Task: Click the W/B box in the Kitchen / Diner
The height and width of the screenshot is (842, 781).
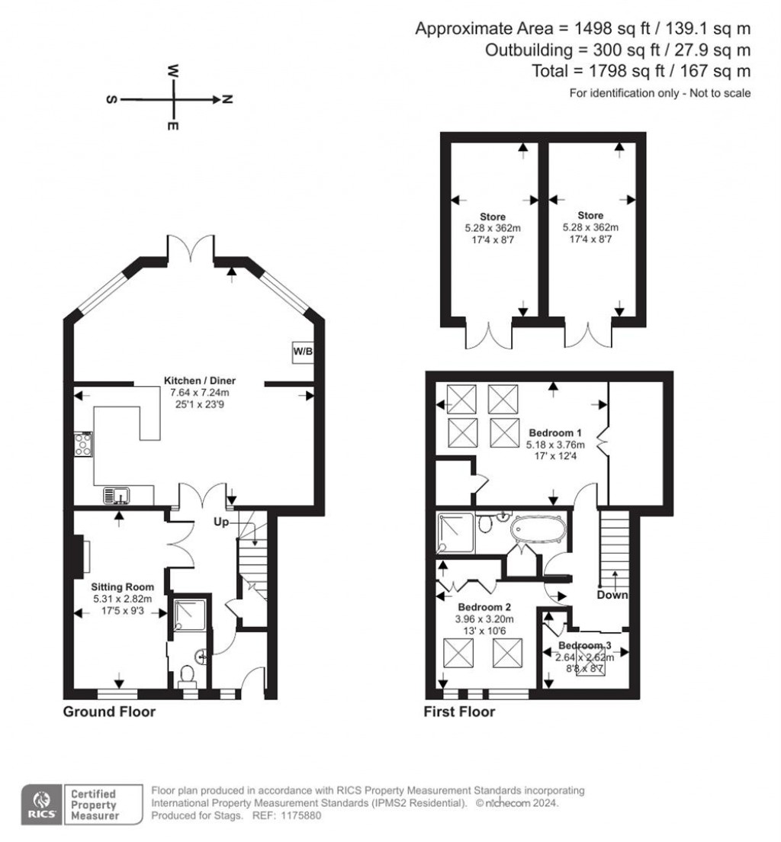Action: tap(303, 352)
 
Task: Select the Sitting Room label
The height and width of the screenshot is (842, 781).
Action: tap(123, 587)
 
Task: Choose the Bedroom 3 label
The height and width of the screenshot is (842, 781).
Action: tap(585, 645)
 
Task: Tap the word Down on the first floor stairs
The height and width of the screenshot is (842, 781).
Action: tap(613, 595)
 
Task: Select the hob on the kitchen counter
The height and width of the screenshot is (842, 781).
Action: tap(82, 444)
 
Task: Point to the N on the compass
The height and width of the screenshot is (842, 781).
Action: tap(227, 99)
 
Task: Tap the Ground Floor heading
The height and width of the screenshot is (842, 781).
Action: tap(109, 712)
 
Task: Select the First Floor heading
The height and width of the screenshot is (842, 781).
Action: tap(459, 712)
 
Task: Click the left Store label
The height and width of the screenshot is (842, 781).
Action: tap(493, 217)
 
